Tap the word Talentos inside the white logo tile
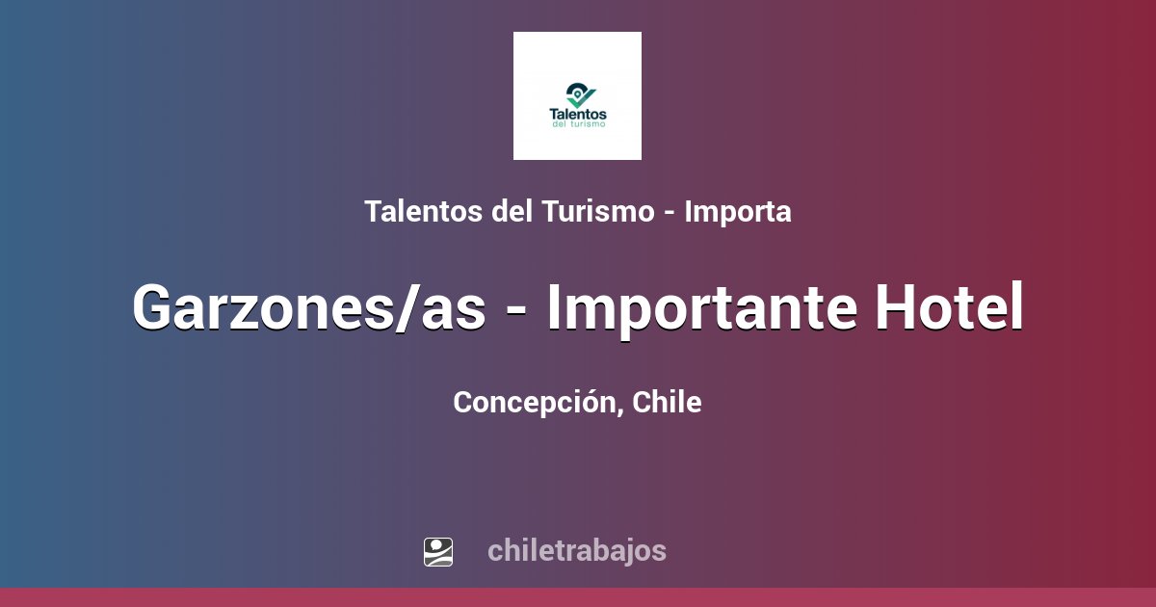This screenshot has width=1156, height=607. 577,114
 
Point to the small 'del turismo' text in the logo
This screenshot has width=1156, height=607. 577,125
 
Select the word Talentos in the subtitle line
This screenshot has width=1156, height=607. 424,212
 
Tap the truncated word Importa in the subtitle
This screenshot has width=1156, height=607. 738,212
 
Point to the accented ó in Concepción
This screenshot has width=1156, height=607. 592,403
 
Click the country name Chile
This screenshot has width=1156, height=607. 668,402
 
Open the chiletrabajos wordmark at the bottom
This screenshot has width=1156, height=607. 577,551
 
